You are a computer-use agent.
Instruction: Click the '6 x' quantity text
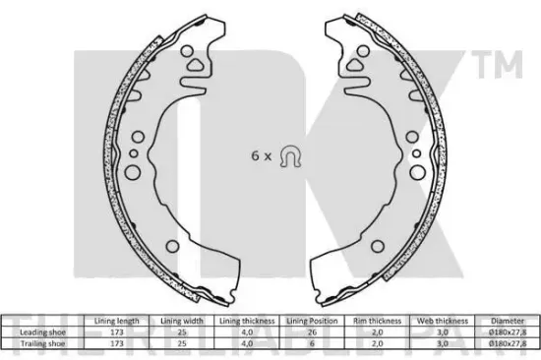click(x=259, y=154)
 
